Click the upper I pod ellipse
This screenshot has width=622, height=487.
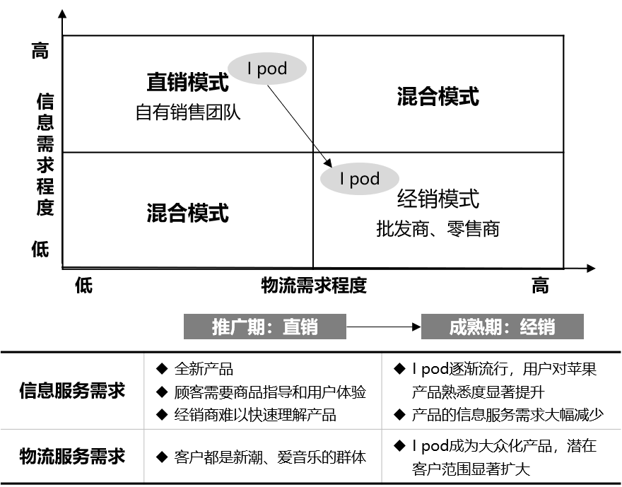click(x=266, y=69)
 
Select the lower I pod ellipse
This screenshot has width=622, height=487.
click(x=359, y=179)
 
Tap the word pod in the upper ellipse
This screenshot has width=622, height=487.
click(x=272, y=69)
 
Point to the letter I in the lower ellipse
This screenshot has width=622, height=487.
click(x=342, y=179)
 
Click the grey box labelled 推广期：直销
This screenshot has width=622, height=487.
click(x=265, y=327)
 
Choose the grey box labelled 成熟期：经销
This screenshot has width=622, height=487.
click(x=503, y=327)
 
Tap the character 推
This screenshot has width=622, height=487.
click(x=221, y=327)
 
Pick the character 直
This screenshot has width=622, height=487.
click(x=291, y=327)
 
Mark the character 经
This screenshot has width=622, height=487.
click(x=529, y=327)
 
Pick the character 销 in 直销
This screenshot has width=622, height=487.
click(x=309, y=327)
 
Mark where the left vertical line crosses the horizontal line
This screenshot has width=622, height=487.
click(x=144, y=428)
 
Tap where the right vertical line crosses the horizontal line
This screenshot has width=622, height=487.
click(x=382, y=428)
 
